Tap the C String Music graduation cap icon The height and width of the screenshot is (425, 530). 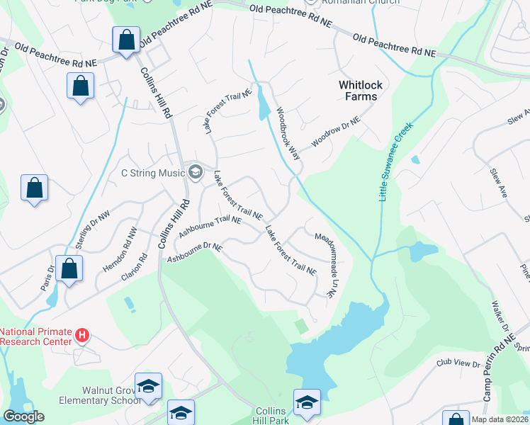194,172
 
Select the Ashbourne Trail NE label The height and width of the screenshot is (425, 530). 210,227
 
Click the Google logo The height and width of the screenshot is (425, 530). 23,416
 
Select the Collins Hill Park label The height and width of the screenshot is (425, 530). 271,416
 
